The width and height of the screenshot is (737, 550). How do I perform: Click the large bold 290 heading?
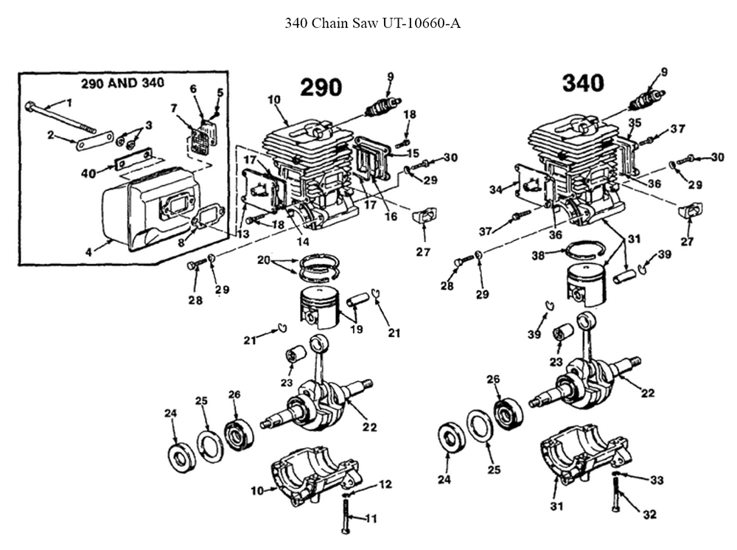[321, 88]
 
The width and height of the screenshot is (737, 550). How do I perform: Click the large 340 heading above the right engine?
[583, 83]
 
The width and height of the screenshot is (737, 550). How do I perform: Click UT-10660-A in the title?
[421, 23]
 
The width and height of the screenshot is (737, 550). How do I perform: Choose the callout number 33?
[656, 480]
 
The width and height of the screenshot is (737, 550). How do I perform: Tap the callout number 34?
[495, 190]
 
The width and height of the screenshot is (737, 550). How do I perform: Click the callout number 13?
[242, 234]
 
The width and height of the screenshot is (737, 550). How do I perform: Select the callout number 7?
[174, 108]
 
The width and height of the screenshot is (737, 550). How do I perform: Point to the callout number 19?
[356, 330]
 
